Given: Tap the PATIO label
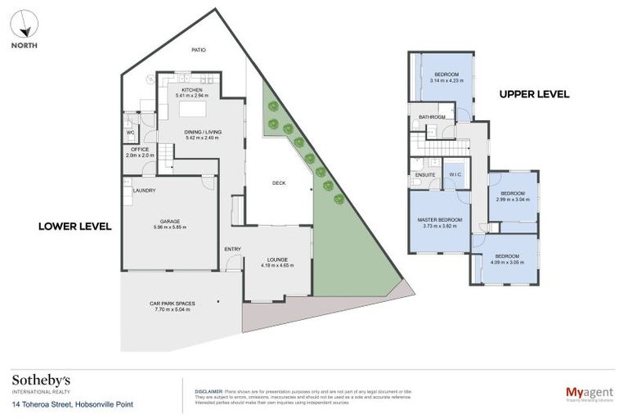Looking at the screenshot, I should (198, 50).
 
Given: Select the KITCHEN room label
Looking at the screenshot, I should (191, 89).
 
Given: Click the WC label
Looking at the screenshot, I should (130, 132).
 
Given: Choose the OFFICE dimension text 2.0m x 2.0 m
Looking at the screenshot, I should (140, 155).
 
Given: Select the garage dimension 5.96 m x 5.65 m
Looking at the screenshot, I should (170, 227).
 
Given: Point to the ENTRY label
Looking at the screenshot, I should (232, 249).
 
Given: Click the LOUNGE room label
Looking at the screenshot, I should (277, 259).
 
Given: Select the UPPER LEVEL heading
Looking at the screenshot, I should (534, 94).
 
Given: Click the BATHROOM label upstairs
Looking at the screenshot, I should (432, 117).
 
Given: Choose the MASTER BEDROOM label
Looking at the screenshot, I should (440, 220).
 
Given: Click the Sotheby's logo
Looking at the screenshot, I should (41, 381).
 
